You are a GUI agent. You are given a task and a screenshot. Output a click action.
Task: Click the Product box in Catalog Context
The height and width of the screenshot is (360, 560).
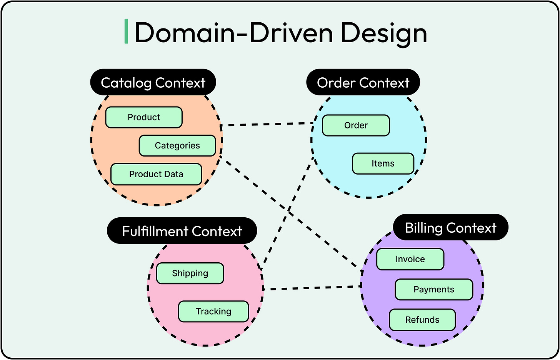click(144, 117)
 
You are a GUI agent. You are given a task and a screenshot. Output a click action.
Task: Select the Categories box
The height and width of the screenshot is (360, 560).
click(177, 146)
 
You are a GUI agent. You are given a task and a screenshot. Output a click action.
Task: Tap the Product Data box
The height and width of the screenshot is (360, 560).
click(156, 174)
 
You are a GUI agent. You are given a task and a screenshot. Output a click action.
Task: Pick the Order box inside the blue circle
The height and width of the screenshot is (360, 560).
click(356, 125)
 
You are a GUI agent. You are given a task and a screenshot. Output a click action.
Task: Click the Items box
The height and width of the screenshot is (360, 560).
click(383, 163)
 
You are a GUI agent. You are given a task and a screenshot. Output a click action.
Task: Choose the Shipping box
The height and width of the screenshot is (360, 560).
click(190, 273)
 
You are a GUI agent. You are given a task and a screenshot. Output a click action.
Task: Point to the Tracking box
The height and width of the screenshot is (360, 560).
click(213, 312)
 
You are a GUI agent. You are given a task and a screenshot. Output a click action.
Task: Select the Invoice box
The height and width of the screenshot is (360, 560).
click(410, 259)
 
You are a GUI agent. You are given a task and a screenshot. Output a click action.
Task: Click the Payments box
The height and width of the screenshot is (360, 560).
click(434, 290)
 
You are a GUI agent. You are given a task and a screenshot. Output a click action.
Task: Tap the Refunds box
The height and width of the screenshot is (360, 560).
click(422, 320)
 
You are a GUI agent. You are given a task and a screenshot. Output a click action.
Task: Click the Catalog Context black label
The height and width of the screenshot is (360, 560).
click(153, 83)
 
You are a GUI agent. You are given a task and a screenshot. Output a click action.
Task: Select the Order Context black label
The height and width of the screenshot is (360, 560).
click(363, 83)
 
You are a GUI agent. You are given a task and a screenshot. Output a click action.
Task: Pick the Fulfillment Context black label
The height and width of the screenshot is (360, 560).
click(182, 231)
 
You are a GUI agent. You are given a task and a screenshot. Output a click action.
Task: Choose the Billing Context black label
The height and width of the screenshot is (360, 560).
click(451, 228)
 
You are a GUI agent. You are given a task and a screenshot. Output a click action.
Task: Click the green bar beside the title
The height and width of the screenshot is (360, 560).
click(126, 32)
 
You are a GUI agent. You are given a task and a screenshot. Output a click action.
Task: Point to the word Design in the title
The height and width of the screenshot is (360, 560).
click(384, 33)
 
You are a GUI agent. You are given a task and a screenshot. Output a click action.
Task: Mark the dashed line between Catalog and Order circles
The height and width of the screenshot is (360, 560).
click(267, 124)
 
